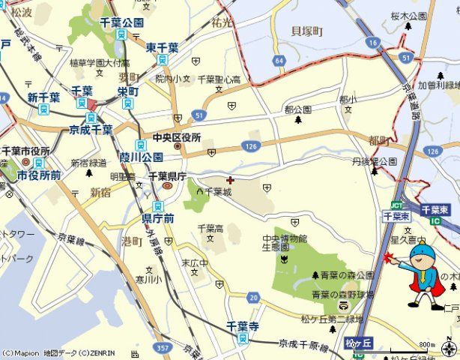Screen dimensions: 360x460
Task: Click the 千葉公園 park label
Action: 121,22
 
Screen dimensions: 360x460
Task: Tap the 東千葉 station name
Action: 163,47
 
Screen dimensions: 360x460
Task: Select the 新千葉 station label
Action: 43,97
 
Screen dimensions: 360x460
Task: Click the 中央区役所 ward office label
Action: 177,138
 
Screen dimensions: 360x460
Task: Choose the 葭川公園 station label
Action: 141,157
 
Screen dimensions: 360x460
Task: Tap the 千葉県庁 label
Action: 167,175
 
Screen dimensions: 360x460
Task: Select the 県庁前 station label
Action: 158,218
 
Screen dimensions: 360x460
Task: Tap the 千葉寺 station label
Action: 242,327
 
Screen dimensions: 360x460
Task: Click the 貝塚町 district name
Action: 307,31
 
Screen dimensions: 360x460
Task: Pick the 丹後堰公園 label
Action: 374,161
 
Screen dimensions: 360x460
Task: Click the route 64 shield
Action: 280,60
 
